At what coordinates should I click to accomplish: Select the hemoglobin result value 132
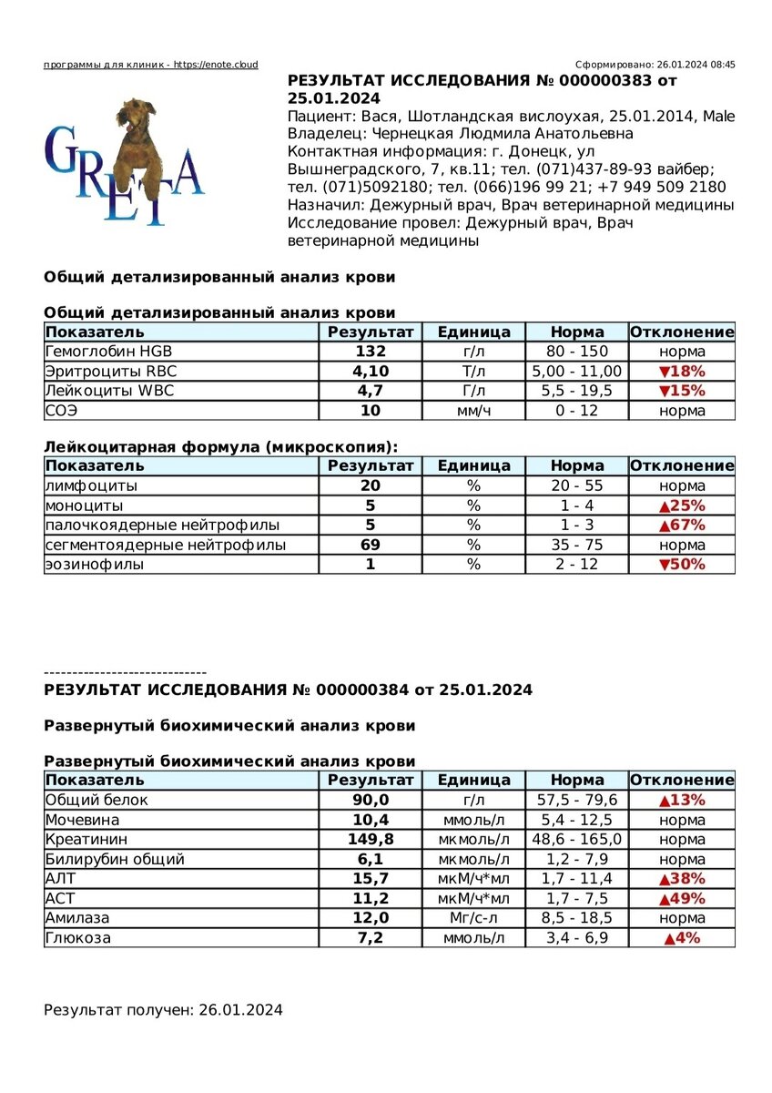pos(371,352)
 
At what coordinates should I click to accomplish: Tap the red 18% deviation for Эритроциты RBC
pos(682,372)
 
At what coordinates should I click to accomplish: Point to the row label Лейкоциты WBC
pos(109,391)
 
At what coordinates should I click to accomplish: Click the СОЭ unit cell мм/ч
pos(473,411)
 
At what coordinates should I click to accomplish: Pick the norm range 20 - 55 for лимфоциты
pos(577,486)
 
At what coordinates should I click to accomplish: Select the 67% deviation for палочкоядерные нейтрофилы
pos(682,526)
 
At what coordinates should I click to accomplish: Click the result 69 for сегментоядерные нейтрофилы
pos(371,545)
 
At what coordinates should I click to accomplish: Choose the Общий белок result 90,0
pos(371,800)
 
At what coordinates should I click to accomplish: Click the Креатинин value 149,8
pos(371,839)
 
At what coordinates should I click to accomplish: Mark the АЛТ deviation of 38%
pos(682,878)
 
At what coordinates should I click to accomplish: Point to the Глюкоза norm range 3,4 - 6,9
pos(577,937)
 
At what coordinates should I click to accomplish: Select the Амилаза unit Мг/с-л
pos(473,917)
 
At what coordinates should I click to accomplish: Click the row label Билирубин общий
pos(115,859)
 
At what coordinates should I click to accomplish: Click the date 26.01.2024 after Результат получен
pos(240,1010)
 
